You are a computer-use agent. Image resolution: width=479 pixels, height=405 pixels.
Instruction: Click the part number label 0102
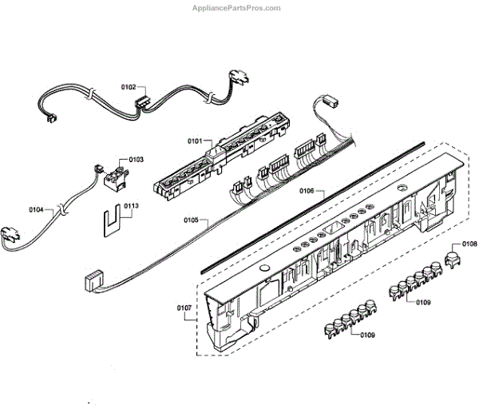coord(129,86)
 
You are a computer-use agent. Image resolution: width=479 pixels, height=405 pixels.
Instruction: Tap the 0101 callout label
coord(196,141)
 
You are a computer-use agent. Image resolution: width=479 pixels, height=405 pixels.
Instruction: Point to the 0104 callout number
coord(37,210)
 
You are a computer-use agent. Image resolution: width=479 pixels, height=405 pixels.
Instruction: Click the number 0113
coord(131,205)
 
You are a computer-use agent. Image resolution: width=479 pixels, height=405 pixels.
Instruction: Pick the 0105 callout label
coord(191,220)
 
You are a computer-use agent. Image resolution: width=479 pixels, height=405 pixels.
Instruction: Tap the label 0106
coord(307,192)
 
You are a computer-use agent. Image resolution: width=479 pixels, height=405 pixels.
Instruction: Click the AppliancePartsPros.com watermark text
coord(237,8)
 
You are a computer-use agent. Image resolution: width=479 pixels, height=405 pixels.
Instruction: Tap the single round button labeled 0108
coord(453,258)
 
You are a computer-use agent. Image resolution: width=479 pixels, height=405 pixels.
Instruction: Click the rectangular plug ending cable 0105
coord(93,280)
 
